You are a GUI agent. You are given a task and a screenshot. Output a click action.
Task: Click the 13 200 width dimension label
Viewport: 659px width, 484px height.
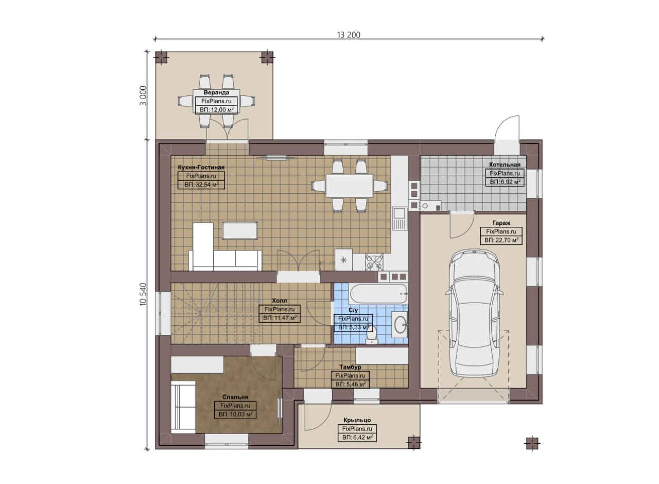(x=349, y=35)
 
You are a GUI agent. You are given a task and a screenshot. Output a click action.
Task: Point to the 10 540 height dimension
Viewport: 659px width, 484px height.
(x=143, y=294)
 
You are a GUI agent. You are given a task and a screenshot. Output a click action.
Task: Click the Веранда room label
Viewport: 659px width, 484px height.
(x=216, y=92)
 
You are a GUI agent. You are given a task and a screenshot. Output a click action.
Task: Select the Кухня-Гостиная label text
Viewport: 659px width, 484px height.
(x=201, y=168)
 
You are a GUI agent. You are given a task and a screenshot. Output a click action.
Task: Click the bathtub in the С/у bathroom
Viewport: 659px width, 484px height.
(x=377, y=294)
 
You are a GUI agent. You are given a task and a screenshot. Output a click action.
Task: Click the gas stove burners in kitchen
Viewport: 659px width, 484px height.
(x=374, y=262)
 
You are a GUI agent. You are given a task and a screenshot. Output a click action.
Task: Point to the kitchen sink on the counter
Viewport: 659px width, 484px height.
(x=400, y=218)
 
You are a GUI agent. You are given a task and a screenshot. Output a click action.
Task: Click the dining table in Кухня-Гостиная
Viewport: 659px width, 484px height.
(x=349, y=186)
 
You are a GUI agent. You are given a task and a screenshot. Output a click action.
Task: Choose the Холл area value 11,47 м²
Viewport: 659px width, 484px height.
(x=280, y=318)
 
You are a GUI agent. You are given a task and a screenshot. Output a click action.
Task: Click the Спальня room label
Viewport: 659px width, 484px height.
(x=235, y=397)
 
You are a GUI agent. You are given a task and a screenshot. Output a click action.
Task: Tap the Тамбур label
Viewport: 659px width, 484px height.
(x=350, y=367)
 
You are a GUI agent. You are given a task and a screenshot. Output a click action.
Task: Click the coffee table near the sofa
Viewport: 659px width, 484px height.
(x=240, y=231)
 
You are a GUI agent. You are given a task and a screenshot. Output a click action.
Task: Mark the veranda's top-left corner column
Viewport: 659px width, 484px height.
(x=161, y=58)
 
